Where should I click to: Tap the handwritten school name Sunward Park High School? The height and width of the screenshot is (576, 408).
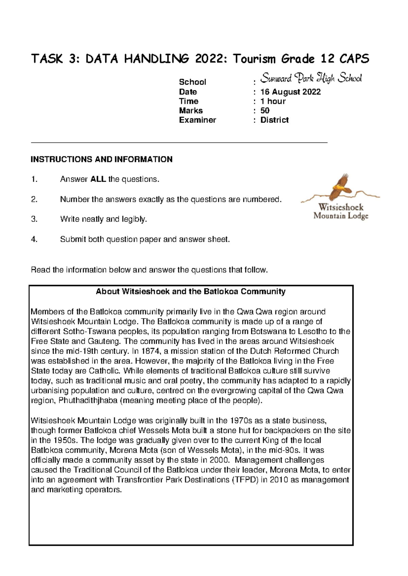coord(311,78)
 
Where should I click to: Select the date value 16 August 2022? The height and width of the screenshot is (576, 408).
coord(290,92)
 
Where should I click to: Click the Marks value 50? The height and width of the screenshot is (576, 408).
coord(265,110)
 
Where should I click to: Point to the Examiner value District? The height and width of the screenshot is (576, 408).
coord(274,120)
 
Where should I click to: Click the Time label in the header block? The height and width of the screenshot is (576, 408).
coord(189,101)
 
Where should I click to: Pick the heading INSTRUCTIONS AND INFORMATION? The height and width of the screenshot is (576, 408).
coord(102,159)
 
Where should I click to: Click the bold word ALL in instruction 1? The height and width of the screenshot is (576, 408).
coord(98,179)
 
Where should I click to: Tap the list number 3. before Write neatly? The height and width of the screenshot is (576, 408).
coord(34,219)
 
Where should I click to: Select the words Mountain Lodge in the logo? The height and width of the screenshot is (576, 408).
coord(341,216)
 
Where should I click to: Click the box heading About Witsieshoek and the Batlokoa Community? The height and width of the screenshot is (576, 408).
coord(191,291)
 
